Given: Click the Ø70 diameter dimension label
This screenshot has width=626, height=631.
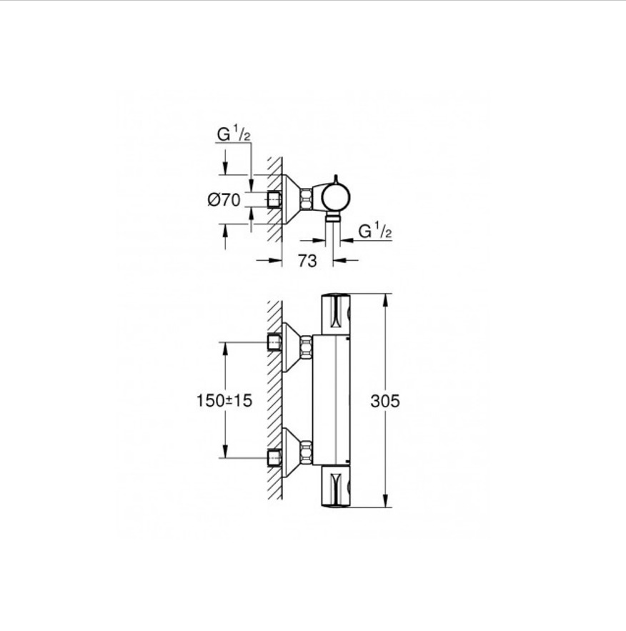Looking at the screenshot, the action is pyautogui.click(x=224, y=199).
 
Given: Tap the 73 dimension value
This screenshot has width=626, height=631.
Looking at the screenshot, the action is pyautogui.click(x=307, y=261).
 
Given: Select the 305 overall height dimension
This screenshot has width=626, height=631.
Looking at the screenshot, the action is pyautogui.click(x=385, y=401).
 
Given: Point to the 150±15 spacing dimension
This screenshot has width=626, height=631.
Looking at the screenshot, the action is pyautogui.click(x=224, y=401).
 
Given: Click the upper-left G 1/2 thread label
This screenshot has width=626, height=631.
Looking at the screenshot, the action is pyautogui.click(x=234, y=134).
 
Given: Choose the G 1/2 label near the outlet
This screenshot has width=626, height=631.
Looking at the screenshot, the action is pyautogui.click(x=375, y=231).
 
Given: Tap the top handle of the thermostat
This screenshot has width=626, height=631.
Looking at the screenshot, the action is pyautogui.click(x=336, y=314).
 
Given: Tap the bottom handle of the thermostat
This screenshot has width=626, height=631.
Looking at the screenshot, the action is pyautogui.click(x=336, y=487).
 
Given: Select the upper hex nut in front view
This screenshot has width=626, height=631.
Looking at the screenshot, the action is pyautogui.click(x=306, y=346).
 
